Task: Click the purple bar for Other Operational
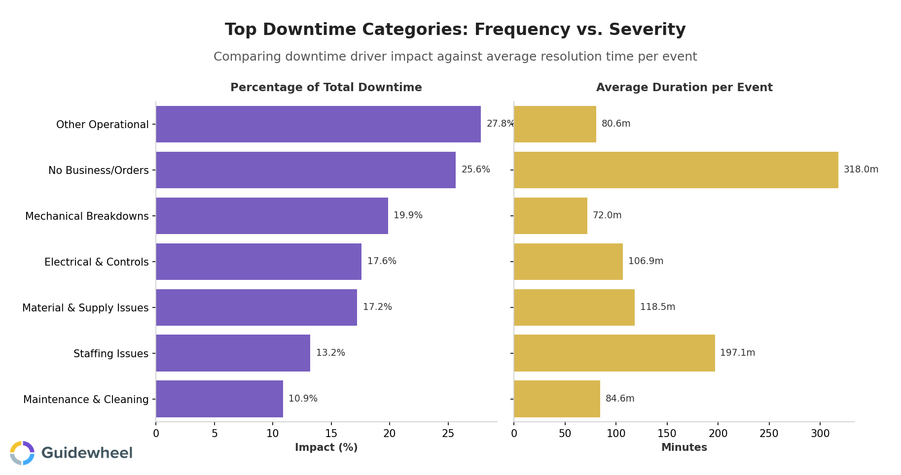pyautogui.click(x=318, y=124)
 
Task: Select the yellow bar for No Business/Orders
pyautogui.click(x=676, y=170)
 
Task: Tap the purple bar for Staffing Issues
pyautogui.click(x=233, y=353)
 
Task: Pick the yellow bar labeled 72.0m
pyautogui.click(x=550, y=216)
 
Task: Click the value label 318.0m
pyautogui.click(x=861, y=170)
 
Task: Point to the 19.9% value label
pyautogui.click(x=408, y=215)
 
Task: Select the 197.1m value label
pyautogui.click(x=737, y=353)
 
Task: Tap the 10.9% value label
pyautogui.click(x=303, y=399)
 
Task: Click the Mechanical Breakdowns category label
pyautogui.click(x=87, y=216)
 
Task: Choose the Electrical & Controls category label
pyautogui.click(x=96, y=262)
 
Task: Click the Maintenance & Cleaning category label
pyautogui.click(x=86, y=400)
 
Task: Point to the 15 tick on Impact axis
pyautogui.click(x=331, y=434)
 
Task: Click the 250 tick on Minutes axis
pyautogui.click(x=769, y=434)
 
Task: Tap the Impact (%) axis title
pyautogui.click(x=326, y=447)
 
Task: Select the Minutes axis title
pyautogui.click(x=684, y=447)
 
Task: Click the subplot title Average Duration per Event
pyautogui.click(x=684, y=88)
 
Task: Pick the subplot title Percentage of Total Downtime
pyautogui.click(x=326, y=88)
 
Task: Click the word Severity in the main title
pyautogui.click(x=647, y=30)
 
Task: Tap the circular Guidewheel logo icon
pyautogui.click(x=22, y=453)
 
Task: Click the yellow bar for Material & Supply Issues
pyautogui.click(x=574, y=307)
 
